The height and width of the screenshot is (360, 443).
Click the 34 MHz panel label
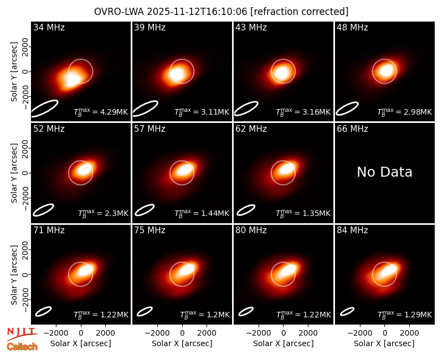coord(49,27)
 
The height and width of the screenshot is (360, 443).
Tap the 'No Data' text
coord(384,172)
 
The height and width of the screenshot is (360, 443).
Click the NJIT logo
coord(22,334)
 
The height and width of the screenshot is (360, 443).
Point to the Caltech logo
coord(22,347)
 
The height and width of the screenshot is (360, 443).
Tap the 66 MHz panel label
coord(352,129)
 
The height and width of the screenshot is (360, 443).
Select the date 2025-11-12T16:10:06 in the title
coord(197,12)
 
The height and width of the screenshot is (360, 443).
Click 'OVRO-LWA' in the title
coord(119,12)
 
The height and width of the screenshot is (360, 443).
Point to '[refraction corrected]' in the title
coord(299,12)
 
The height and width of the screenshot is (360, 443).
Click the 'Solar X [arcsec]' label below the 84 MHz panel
coord(384,343)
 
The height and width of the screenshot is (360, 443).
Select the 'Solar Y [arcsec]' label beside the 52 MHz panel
coord(14,173)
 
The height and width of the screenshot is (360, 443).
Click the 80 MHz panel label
coord(251,230)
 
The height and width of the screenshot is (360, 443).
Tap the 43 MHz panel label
coord(251,27)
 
